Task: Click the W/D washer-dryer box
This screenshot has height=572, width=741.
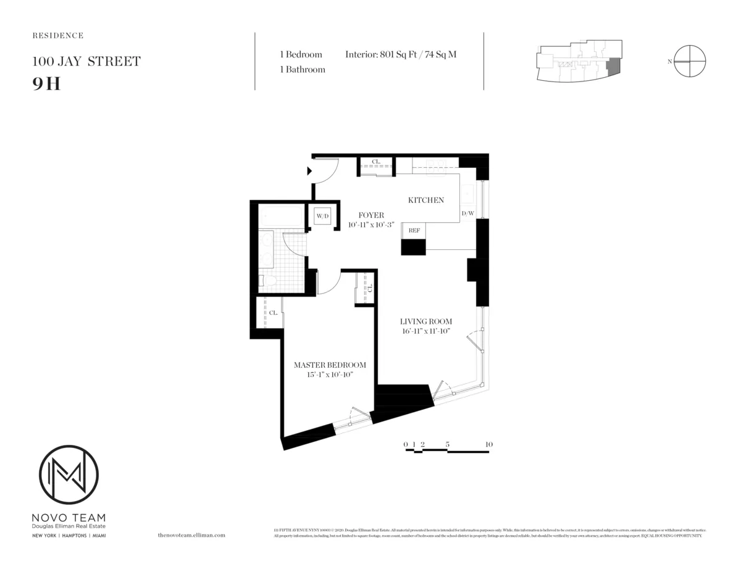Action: coord(322,217)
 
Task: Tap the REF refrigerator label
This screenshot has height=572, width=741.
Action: coord(414,230)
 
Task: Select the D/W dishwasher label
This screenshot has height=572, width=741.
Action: coord(467,213)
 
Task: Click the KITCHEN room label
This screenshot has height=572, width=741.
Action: coord(425,200)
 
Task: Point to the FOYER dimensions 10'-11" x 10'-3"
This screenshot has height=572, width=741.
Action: coord(371,225)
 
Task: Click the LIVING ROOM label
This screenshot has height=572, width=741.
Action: coord(425,321)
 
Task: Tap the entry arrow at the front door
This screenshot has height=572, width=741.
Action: coord(311,172)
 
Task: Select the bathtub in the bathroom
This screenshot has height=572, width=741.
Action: coord(280,217)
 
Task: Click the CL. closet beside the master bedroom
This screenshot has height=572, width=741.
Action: coord(272,313)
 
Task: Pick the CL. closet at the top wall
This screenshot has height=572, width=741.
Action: coord(376,163)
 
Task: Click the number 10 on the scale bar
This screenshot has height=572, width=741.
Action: coord(489,444)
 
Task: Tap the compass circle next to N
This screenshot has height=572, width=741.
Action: coord(690,62)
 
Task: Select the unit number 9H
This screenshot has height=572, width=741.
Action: coord(46,83)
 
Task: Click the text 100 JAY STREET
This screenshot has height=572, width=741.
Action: coord(86,62)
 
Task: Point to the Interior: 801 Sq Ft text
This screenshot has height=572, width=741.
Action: coord(401,54)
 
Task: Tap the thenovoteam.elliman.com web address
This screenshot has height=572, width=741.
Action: coord(191,536)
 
